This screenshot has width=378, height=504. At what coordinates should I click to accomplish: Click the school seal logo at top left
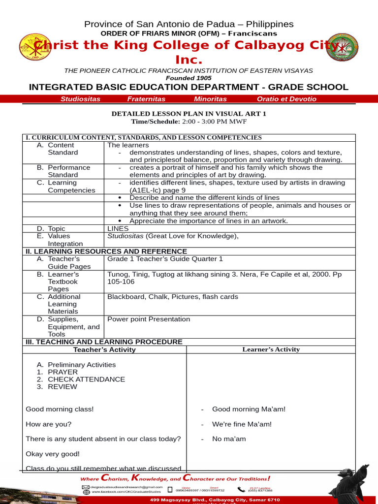pos(34,48)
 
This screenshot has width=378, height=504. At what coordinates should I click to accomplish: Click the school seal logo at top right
pos(343,48)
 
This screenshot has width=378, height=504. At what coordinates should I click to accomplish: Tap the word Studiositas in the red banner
pos(80,99)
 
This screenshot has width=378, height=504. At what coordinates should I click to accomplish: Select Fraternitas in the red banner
pos(146,99)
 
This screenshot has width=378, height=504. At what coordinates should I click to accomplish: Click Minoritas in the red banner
pos(210,99)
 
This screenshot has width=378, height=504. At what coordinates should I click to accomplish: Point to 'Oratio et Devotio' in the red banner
pos(286,99)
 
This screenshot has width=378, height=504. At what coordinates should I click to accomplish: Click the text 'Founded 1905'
pos(189,78)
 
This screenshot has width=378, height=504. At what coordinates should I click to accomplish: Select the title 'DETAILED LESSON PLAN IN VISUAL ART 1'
pos(189,114)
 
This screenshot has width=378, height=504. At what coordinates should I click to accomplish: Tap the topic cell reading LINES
pos(118,229)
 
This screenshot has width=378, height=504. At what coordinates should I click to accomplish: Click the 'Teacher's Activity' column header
pos(104,350)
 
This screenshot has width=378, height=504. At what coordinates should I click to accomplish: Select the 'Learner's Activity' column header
pos(271,349)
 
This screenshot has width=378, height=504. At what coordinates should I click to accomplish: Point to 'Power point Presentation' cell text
pos(149,319)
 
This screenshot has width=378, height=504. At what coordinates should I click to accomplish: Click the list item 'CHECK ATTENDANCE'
pos(86,379)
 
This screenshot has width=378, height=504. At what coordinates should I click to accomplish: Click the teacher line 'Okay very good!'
pos(53,454)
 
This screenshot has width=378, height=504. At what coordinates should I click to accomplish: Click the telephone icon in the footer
pos(241,489)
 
